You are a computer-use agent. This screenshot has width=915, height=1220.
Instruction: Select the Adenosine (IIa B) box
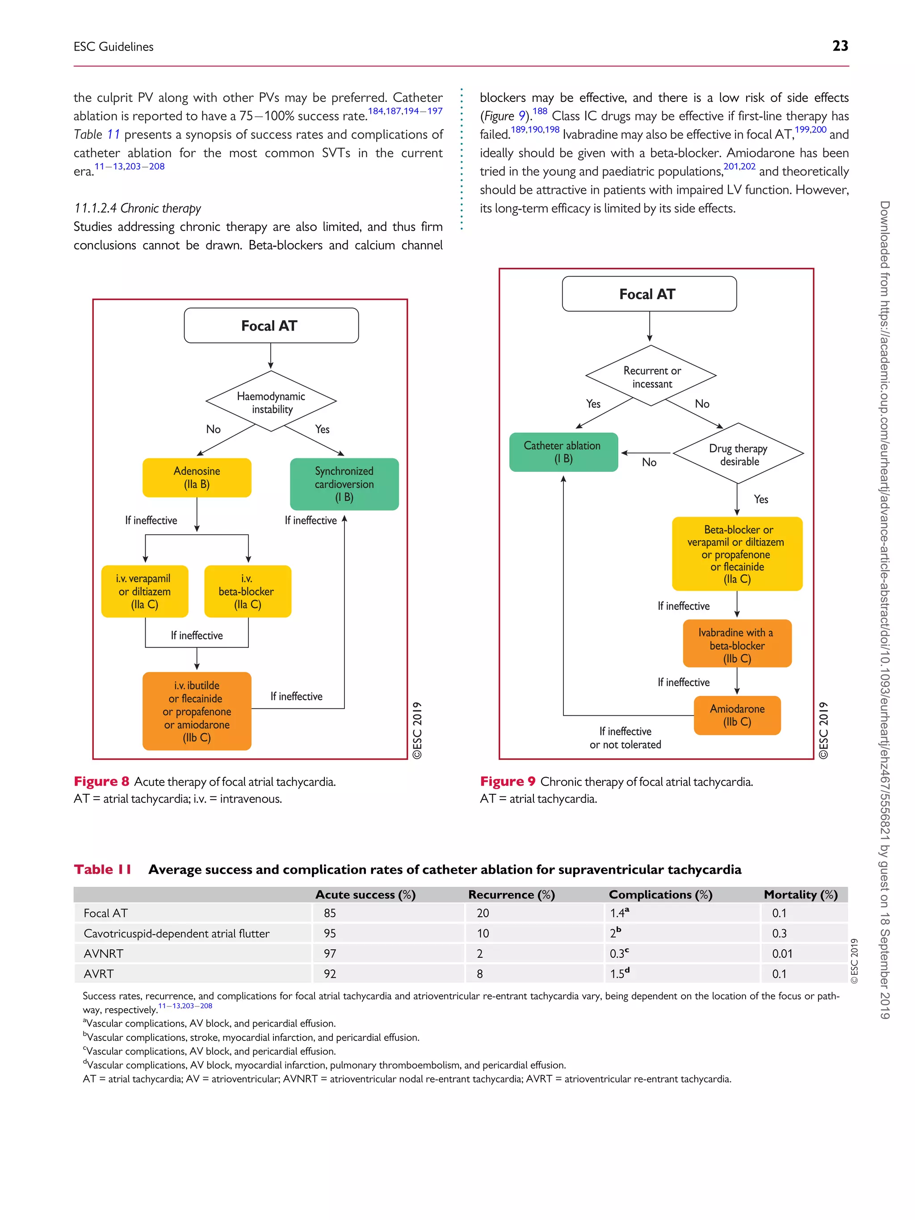197,478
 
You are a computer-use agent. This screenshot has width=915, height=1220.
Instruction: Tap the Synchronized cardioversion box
344,484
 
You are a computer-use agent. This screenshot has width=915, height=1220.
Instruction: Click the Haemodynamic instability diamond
271,402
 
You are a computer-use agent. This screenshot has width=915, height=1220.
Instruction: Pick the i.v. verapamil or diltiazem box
144,591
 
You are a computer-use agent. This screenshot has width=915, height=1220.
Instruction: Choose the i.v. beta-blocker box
247,591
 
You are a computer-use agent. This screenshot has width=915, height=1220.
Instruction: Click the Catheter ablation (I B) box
563,452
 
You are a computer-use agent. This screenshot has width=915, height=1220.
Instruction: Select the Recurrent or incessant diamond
651,376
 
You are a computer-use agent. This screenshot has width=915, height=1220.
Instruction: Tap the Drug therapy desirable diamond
738,454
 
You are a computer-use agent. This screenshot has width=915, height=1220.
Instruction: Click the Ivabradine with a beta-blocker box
737,644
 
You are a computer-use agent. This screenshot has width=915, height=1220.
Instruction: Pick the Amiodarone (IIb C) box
737,715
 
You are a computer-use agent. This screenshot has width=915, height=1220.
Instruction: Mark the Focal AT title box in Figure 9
649,294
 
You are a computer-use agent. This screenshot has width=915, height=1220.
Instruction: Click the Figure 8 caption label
101,781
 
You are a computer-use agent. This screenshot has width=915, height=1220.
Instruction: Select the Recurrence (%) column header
511,895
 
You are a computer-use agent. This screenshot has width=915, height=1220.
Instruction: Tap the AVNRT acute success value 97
330,954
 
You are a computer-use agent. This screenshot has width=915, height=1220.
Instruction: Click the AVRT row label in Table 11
99,974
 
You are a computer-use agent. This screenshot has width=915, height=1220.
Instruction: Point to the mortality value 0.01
782,954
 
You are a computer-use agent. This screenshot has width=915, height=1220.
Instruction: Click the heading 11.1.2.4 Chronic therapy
137,208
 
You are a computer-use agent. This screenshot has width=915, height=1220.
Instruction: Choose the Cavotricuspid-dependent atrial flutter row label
176,933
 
